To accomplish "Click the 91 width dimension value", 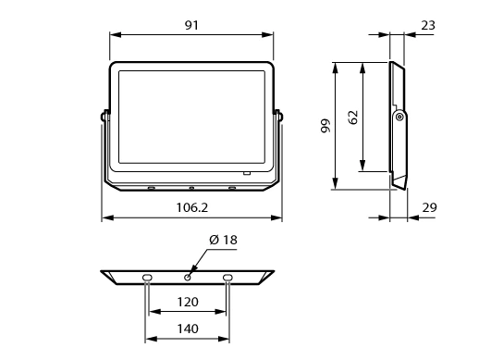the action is [191, 25].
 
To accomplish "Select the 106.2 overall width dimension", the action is [192, 207].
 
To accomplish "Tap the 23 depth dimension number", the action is [428, 25].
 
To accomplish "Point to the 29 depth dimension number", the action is [429, 207].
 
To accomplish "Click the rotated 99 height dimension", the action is [326, 126].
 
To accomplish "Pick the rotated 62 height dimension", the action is [353, 118].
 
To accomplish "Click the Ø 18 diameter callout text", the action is [223, 240].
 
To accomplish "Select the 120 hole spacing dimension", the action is [188, 302].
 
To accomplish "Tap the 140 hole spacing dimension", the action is [188, 329].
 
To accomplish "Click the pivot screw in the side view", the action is [399, 118].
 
